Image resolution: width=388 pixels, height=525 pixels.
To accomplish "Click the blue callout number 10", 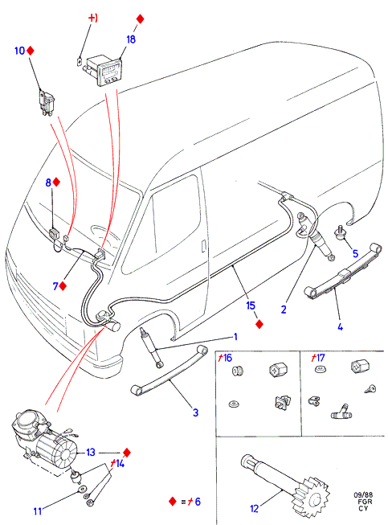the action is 19,51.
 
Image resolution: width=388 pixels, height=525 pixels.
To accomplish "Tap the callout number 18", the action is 131,39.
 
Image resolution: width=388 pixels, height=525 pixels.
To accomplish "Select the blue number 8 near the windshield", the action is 48,183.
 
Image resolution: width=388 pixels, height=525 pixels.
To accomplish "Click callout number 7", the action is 55,286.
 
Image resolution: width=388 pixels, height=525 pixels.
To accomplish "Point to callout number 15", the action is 251,306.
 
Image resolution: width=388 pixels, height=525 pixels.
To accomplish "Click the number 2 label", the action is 284,309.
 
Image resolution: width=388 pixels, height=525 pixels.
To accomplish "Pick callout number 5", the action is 355,253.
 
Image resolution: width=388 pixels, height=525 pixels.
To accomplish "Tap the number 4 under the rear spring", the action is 340,326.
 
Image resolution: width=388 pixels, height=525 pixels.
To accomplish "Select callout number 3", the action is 196,412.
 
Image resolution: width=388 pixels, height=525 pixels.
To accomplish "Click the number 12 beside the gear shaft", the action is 254,509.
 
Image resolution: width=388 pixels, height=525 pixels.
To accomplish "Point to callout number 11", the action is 38,511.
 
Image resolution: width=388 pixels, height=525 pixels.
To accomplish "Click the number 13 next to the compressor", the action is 91,453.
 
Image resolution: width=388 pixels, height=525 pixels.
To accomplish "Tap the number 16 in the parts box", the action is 227,358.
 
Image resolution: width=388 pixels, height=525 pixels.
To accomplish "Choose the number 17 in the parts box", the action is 320,358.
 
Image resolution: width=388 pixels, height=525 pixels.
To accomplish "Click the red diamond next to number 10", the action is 31,51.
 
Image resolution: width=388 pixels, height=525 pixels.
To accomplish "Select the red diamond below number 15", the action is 259,324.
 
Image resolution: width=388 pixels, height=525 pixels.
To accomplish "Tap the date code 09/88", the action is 363,495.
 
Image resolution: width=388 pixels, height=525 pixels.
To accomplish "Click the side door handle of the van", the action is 203,245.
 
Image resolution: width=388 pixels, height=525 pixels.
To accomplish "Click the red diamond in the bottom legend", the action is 173,501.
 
